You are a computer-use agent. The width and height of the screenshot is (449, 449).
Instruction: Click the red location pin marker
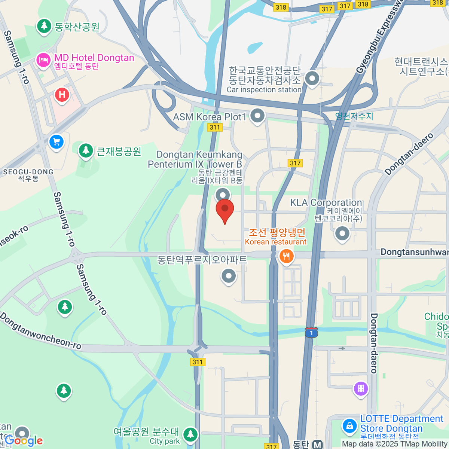(225, 210)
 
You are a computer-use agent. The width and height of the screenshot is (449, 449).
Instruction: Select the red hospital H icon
(62, 95)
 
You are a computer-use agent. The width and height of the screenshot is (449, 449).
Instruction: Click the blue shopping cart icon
(56, 142)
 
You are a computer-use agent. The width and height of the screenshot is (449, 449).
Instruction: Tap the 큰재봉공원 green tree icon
(86, 150)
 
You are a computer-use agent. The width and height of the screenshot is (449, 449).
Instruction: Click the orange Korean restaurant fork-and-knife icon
(287, 256)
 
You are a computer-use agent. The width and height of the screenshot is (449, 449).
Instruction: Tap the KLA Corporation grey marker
(342, 233)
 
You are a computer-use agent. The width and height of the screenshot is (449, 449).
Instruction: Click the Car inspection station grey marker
(312, 79)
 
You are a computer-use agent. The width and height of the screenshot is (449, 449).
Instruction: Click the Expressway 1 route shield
(311, 332)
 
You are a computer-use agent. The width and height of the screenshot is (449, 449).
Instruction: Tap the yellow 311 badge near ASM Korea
(215, 127)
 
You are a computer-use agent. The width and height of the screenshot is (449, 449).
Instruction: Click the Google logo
(24, 441)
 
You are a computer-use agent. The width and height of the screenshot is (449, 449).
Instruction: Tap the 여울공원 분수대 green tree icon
(190, 434)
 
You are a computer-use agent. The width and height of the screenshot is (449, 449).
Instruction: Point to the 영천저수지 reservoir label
(354, 116)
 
